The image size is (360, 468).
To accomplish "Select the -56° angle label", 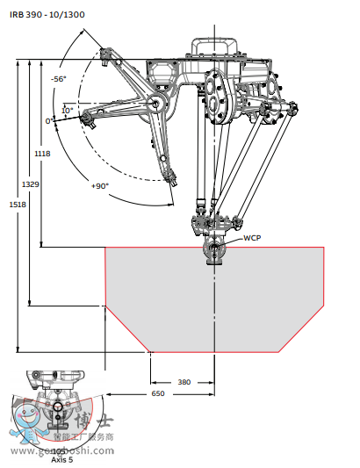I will point(59,79).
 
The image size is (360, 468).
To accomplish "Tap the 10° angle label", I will point(68,111).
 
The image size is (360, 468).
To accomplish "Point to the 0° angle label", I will point(49,121).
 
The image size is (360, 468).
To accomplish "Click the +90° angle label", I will point(99,186).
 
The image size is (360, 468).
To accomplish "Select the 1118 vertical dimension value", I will point(41,154).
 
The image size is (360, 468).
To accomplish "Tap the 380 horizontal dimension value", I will point(184,382).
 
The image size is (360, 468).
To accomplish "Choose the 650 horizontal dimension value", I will point(157,394).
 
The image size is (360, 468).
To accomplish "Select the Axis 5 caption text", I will point(62,458).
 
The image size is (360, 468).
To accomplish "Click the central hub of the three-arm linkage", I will point(159,104).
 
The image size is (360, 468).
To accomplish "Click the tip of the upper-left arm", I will point(105,58).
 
